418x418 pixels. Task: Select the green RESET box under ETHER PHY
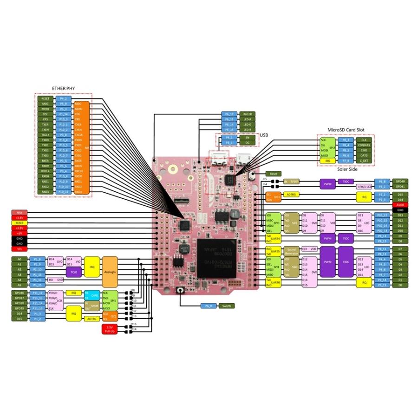coord(45,98)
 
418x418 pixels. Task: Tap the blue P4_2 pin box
coord(63,98)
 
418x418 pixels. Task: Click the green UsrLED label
coord(247,114)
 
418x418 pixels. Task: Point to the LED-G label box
coord(247,124)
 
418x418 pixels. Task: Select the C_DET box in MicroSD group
coord(364,161)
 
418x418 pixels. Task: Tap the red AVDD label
coord(400,205)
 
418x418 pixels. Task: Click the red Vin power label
coord(20,249)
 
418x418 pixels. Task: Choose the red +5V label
coord(20,234)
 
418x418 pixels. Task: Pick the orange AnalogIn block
coord(110,269)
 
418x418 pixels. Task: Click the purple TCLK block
coord(73,272)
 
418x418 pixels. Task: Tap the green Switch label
coord(226,306)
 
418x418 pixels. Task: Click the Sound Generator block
coord(291,251)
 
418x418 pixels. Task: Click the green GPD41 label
coord(400,187)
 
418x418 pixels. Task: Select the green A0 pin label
coord(20,259)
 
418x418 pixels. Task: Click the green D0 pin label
coord(400,285)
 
